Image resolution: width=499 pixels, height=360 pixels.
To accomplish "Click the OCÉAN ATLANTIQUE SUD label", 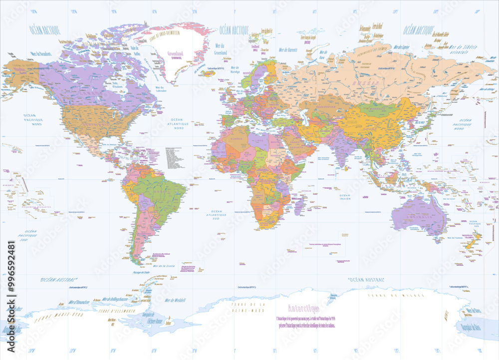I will point(220,214).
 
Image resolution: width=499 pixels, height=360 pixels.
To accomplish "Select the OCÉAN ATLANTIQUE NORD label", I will point(177,124).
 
